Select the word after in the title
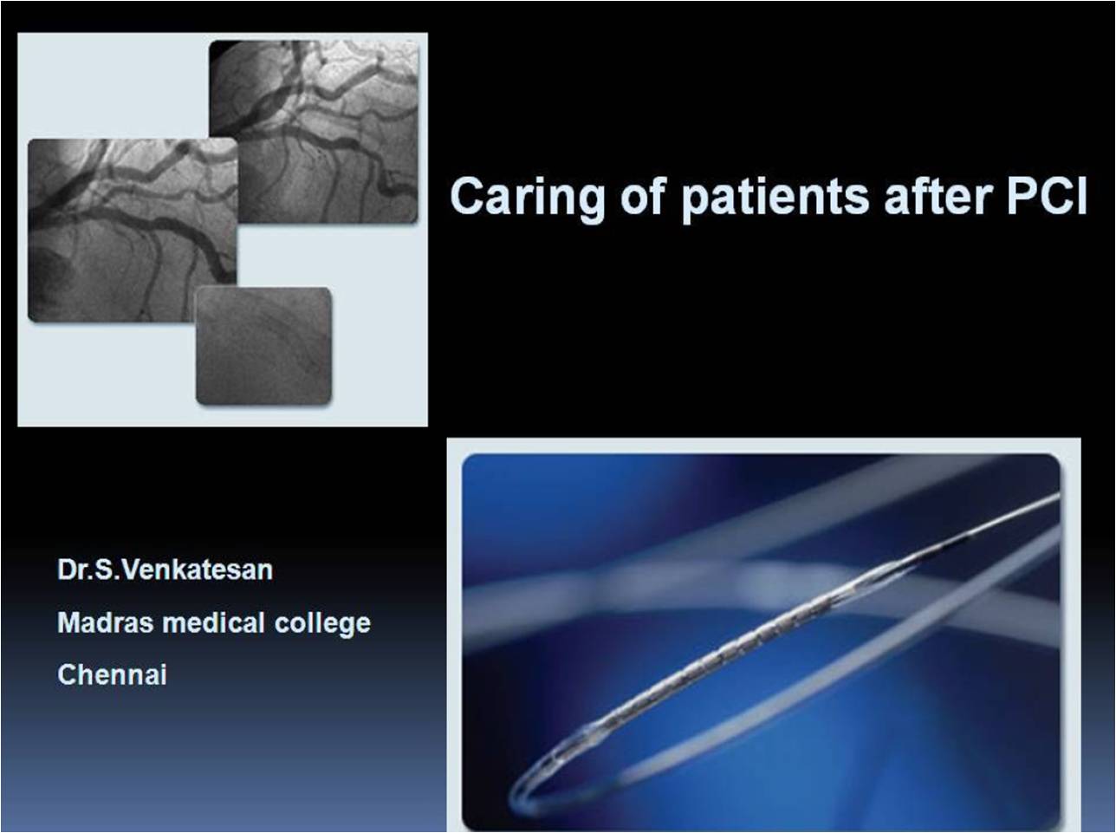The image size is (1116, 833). coord(938,196)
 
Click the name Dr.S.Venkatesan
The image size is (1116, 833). coord(165,570)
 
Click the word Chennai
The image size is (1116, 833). coord(112,675)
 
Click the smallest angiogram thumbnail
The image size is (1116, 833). coord(263,345)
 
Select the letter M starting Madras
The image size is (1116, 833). coord(67,623)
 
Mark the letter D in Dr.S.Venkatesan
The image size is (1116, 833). coord(66,570)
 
